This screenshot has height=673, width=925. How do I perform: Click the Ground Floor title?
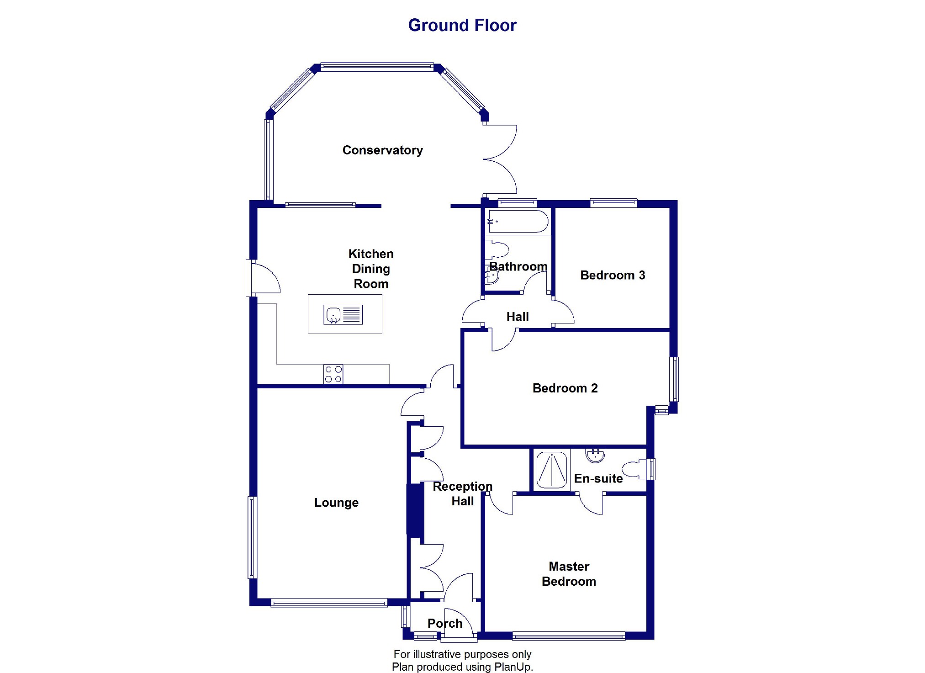click(462, 25)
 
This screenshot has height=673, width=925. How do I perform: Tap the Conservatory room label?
click(382, 150)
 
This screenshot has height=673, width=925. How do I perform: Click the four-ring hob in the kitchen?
click(333, 374)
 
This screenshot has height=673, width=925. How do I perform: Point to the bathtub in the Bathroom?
click(518, 222)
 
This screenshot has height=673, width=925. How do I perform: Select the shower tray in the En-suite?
click(552, 469)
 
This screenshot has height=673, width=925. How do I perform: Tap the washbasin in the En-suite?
click(595, 455)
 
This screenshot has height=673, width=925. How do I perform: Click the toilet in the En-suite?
click(636, 470)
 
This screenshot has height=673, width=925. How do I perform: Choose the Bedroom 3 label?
click(613, 276)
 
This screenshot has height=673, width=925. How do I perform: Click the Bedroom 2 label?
click(565, 388)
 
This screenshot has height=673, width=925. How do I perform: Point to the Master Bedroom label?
click(569, 574)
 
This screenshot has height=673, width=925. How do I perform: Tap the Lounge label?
click(336, 503)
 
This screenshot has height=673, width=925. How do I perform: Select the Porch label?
click(445, 623)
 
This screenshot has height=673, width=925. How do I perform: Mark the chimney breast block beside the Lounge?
click(415, 510)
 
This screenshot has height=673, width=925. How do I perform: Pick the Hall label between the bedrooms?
click(518, 317)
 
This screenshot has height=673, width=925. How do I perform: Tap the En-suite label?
click(598, 478)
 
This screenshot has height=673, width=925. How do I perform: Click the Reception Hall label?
click(462, 493)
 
